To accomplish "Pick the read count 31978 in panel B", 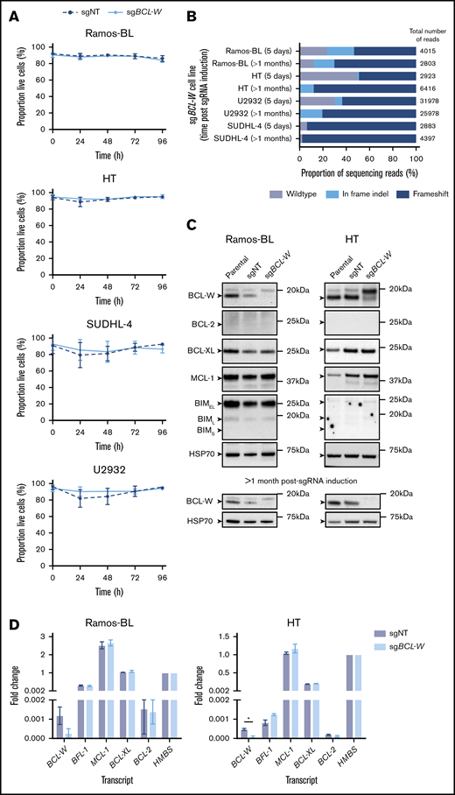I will coord(430,102).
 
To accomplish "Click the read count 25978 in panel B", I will coord(430,114).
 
